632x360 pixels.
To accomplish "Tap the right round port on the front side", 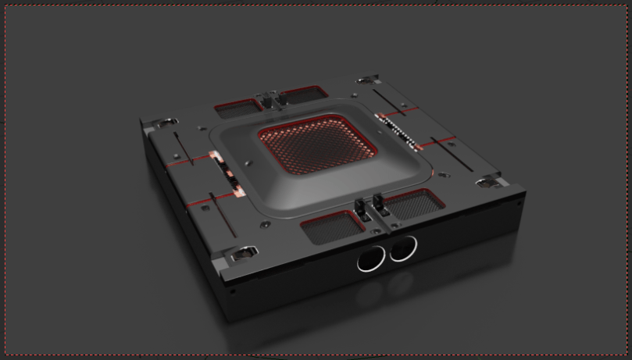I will (x=404, y=248).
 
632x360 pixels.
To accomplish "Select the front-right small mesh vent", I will (x=414, y=204).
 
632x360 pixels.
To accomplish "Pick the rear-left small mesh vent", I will (x=241, y=106).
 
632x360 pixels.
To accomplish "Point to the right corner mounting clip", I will (x=488, y=182).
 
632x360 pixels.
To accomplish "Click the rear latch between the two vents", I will (x=271, y=98).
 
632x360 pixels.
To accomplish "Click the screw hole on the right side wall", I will (x=518, y=202).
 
